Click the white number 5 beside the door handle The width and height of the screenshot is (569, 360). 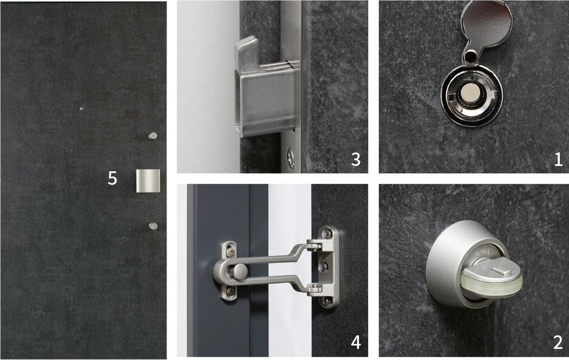click(x=113, y=178)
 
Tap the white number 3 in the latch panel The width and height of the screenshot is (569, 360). click(x=355, y=159)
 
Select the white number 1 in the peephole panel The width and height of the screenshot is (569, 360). click(x=558, y=159)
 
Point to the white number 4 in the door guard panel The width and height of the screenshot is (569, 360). click(x=355, y=342)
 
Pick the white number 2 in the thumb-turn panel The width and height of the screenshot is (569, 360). click(x=558, y=342)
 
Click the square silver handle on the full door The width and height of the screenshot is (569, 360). click(x=147, y=181)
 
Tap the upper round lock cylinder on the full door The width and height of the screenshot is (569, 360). click(x=153, y=136)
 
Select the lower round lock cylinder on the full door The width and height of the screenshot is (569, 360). click(x=153, y=226)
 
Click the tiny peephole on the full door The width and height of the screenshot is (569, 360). click(x=81, y=108)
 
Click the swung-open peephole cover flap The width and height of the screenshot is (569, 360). click(x=487, y=26)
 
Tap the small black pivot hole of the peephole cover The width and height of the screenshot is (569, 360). click(x=470, y=56)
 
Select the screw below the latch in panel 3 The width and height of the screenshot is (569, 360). click(x=291, y=158)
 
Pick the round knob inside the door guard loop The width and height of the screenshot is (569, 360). click(x=239, y=272)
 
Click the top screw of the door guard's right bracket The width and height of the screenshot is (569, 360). click(x=328, y=233)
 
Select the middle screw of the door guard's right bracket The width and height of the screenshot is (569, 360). click(x=323, y=267)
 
